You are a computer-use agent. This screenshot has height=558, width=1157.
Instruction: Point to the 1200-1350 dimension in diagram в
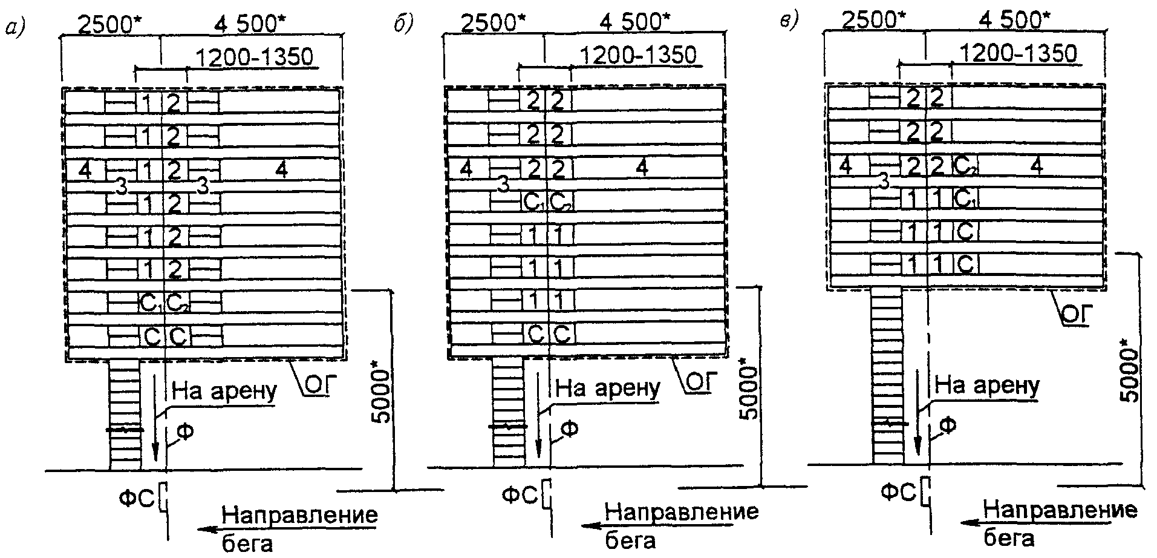click(x=1018, y=54)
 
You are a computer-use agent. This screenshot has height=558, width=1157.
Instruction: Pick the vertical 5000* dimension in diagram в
click(x=1129, y=375)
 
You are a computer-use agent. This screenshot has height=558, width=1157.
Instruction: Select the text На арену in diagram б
click(x=607, y=387)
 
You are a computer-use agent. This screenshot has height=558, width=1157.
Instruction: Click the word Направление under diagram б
click(x=682, y=512)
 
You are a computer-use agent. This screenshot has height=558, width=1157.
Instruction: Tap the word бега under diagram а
click(x=248, y=542)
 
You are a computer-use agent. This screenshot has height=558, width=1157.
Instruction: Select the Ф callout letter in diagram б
click(x=569, y=429)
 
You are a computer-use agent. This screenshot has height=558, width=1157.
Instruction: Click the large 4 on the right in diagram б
click(x=642, y=168)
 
